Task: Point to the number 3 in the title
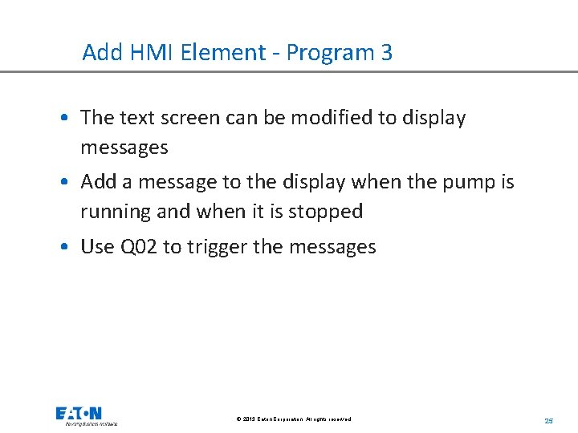386,53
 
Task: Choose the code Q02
138,247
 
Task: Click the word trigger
217,247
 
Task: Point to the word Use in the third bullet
97,247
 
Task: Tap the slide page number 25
549,420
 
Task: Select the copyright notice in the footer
294,419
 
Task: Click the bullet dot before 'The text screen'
63,119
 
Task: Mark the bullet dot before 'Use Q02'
63,248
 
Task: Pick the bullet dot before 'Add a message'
63,183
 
